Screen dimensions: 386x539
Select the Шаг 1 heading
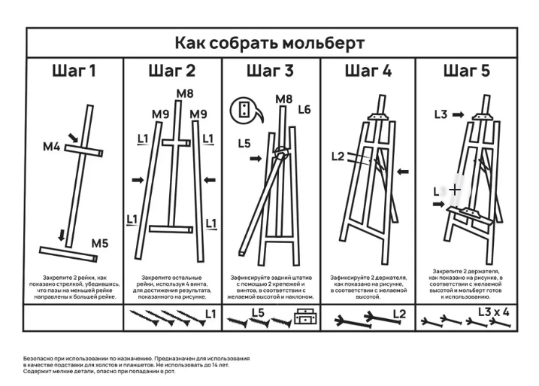pos(74,72)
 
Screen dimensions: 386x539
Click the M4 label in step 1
pos(51,146)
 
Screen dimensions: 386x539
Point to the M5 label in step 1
pos(100,243)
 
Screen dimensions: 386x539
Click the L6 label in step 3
pos(304,110)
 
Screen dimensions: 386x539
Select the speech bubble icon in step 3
pos(244,110)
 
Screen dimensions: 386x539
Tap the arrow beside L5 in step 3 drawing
pos(256,159)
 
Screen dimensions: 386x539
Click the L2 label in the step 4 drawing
pos(338,157)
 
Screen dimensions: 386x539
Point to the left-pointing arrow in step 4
pos(404,172)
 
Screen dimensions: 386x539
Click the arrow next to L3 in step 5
pos(459,115)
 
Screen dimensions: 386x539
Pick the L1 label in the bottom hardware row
pos(210,312)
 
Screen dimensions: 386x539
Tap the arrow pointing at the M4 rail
pos(72,137)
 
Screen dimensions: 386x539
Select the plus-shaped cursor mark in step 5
pos(455,190)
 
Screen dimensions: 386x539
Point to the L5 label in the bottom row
pos(258,312)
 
